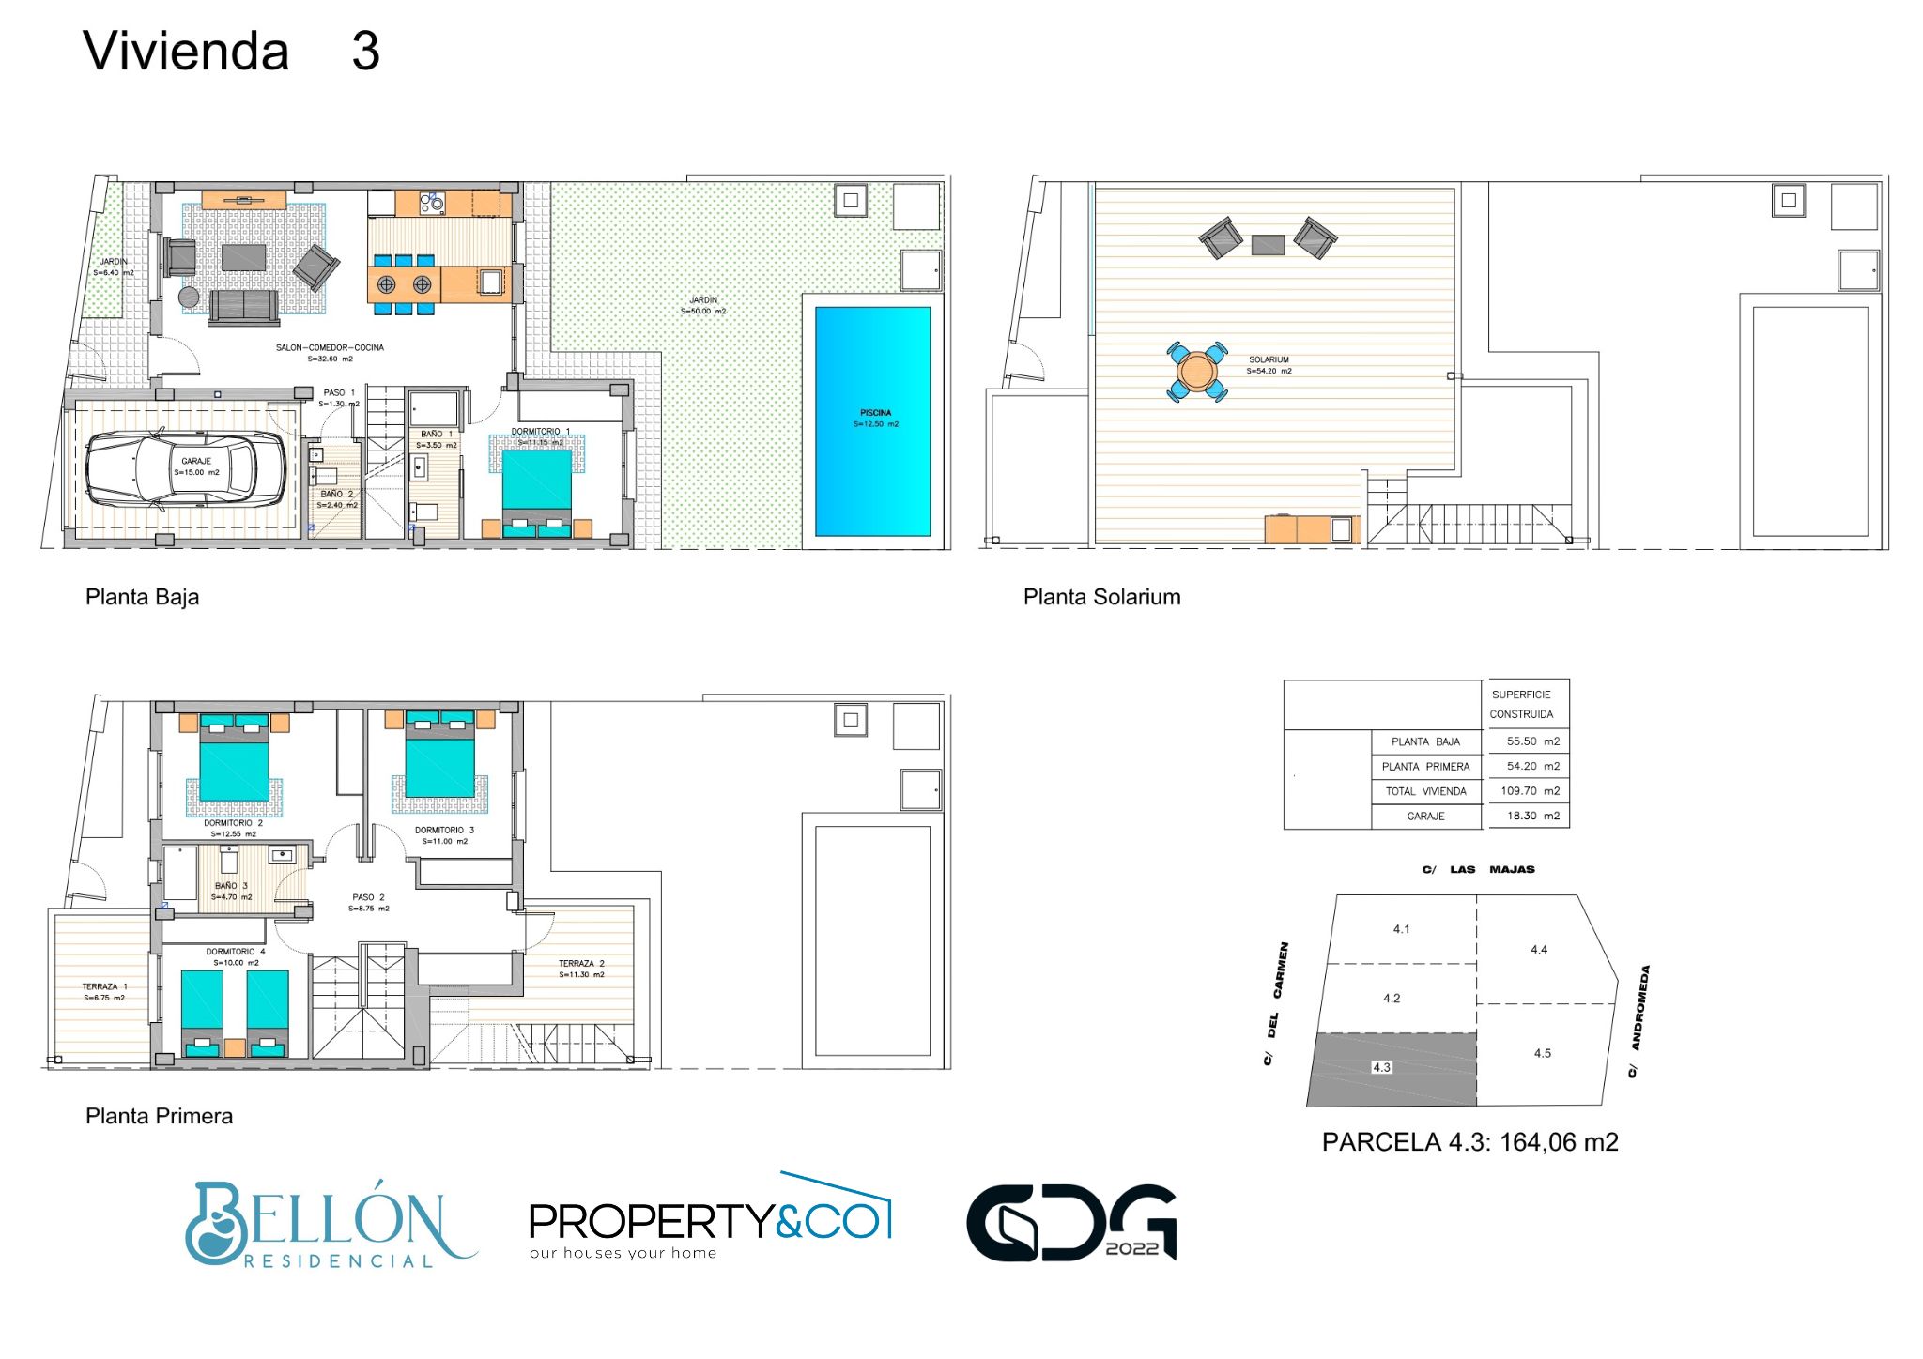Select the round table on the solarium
(1196, 372)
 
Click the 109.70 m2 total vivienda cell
(1530, 791)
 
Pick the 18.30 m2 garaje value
(1532, 816)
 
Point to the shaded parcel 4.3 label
(1381, 1067)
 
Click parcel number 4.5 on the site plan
(1542, 1053)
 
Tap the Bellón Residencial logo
(329, 1225)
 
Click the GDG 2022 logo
(1071, 1223)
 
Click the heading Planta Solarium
(1101, 597)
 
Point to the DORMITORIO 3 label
(444, 831)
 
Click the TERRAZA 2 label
(581, 964)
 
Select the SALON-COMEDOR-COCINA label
(330, 348)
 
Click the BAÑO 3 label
(231, 886)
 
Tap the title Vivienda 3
(231, 52)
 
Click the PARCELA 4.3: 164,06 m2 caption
(1469, 1142)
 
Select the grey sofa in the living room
(243, 306)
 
